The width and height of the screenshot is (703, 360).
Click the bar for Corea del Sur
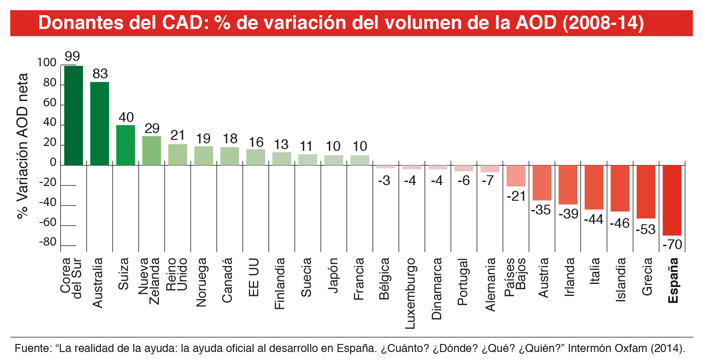tap(73, 116)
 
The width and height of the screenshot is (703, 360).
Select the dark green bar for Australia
tap(100, 124)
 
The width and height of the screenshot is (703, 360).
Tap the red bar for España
tap(672, 200)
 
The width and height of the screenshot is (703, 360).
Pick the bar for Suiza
tap(125, 145)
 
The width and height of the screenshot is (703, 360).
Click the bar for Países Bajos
tap(516, 176)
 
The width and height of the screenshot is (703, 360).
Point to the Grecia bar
tap(646, 192)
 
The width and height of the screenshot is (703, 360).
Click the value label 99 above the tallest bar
tap(72, 57)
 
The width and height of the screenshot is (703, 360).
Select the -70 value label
tap(672, 244)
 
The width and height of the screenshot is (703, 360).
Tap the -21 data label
tap(516, 196)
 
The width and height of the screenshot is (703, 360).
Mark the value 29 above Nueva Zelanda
tap(152, 129)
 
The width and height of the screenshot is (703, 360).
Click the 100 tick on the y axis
tap(47, 62)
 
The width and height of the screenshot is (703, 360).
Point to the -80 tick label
tap(48, 242)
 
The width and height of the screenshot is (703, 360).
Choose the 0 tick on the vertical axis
tap(53, 162)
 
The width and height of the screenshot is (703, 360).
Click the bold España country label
tap(673, 280)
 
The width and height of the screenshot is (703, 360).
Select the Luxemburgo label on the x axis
tap(410, 293)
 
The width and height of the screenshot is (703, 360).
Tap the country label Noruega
tap(202, 282)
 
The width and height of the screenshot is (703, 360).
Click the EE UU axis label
tap(254, 277)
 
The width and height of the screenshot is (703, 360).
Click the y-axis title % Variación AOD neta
tap(22, 146)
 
